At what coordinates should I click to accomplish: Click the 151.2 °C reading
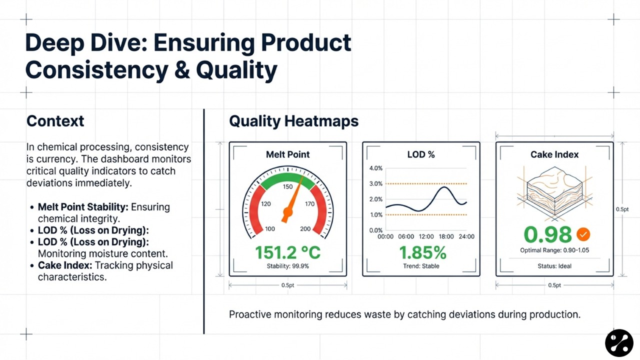(287, 252)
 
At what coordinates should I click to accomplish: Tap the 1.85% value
(422, 252)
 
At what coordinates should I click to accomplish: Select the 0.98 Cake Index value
(547, 234)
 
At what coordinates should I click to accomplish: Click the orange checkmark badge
(583, 234)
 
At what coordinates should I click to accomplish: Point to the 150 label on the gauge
(287, 186)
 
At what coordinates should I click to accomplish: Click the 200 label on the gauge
(305, 229)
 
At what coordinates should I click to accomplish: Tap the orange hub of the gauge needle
(287, 212)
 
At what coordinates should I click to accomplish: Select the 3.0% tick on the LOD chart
(375, 183)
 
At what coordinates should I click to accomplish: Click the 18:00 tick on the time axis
(446, 236)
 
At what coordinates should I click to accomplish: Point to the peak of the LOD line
(444, 187)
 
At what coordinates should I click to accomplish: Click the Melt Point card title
(287, 154)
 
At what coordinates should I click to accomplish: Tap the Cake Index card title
(554, 154)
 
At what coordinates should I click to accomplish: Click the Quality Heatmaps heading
(293, 121)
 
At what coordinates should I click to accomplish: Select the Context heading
(55, 121)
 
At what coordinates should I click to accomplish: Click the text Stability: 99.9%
(287, 266)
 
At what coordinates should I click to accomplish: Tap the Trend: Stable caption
(421, 266)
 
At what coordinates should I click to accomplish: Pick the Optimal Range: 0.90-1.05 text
(554, 250)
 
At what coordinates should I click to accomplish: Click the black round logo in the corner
(619, 343)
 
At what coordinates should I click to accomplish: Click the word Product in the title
(306, 43)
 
